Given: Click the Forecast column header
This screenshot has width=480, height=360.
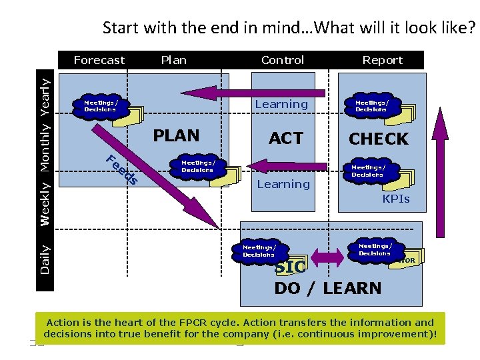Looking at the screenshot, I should tap(99, 60).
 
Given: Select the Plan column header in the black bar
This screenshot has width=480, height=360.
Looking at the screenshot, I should tap(174, 60).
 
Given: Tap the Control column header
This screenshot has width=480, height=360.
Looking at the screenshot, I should tap(283, 60).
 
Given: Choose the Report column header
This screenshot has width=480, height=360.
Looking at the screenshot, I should tap(382, 60).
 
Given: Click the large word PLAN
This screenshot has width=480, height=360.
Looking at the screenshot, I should tap(176, 135).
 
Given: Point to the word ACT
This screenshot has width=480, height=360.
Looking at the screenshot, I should tap(286, 138).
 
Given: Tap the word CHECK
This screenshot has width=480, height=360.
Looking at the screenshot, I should tap(379, 139).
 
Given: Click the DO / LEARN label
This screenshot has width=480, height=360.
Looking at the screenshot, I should tap(328, 288).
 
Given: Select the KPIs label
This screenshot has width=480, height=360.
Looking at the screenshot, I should tap(396, 199).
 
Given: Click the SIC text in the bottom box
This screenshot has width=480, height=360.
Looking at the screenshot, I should tap(290, 267).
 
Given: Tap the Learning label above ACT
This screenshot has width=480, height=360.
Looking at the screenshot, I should tap(281, 104).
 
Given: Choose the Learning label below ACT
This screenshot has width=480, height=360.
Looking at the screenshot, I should tap(283, 184).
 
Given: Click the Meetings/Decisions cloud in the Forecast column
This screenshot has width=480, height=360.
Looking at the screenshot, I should tap(101, 105).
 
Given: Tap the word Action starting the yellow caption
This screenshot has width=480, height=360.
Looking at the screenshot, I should tap(63, 323).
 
